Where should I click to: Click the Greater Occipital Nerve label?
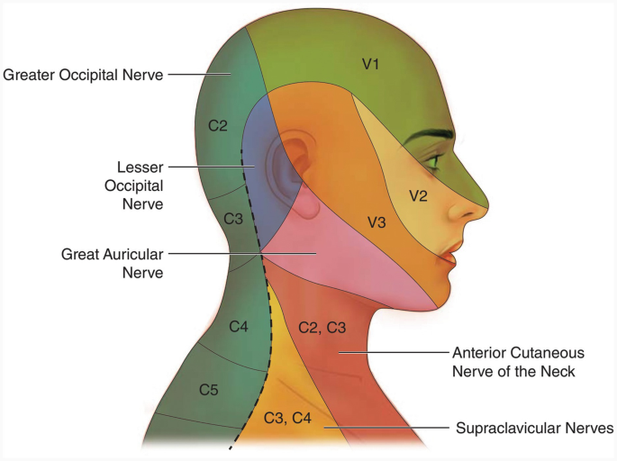click(83, 75)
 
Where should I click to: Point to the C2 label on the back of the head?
click(217, 125)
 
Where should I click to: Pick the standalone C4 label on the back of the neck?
click(238, 326)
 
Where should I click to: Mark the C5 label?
click(208, 389)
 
